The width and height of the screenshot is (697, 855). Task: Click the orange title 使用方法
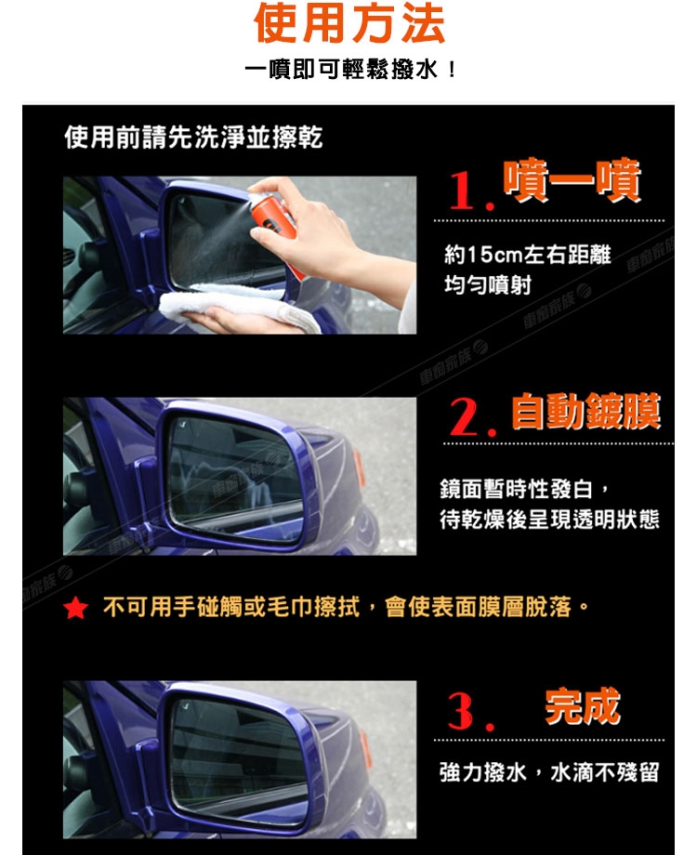click(349, 23)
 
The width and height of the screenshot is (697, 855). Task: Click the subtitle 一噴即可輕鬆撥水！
click(350, 71)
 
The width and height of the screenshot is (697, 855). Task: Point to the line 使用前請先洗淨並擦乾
click(193, 137)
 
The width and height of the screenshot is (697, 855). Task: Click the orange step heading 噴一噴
click(572, 180)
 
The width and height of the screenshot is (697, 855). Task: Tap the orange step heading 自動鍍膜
click(585, 411)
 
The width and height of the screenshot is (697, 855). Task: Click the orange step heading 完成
click(583, 706)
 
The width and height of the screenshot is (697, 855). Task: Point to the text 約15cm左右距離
click(527, 255)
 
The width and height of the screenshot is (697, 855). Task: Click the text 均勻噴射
click(488, 284)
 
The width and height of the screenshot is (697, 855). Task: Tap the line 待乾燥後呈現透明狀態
click(550, 519)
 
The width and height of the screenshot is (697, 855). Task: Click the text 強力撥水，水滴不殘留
click(549, 772)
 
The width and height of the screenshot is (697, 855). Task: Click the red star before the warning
click(75, 608)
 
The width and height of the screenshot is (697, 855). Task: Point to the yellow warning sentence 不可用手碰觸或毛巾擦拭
click(231, 607)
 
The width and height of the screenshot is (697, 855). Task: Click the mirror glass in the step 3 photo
click(239, 759)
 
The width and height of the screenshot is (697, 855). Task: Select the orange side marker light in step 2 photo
click(359, 467)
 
